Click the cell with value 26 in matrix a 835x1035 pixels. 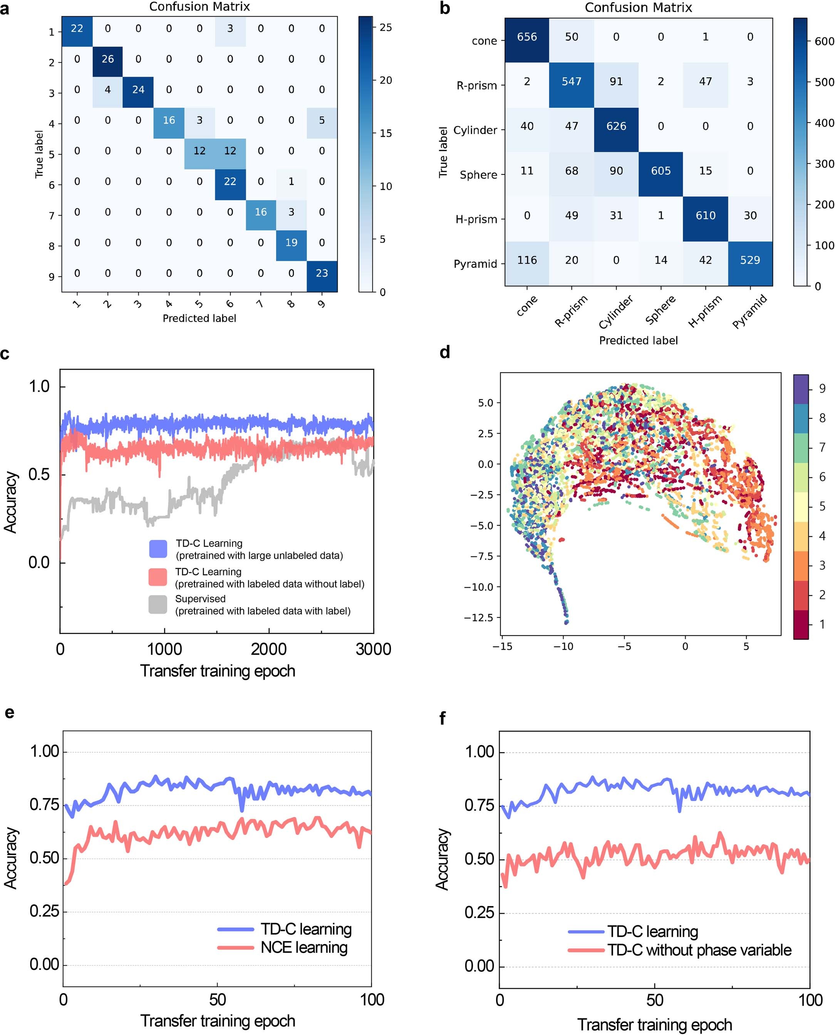pyautogui.click(x=108, y=59)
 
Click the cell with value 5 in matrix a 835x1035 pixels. pyautogui.click(x=322, y=120)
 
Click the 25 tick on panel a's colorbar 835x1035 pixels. pyautogui.click(x=385, y=28)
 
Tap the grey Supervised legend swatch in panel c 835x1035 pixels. pyautogui.click(x=158, y=604)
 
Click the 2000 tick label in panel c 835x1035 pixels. pyautogui.click(x=268, y=649)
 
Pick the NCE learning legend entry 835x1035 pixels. pyautogui.click(x=304, y=948)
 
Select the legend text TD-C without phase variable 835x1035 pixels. pyautogui.click(x=699, y=950)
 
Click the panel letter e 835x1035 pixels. pyautogui.click(x=9, y=712)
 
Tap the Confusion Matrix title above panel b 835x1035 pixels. pyautogui.click(x=638, y=8)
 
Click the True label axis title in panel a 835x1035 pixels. pyautogui.click(x=39, y=154)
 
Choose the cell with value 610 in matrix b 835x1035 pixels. pyautogui.click(x=705, y=215)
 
